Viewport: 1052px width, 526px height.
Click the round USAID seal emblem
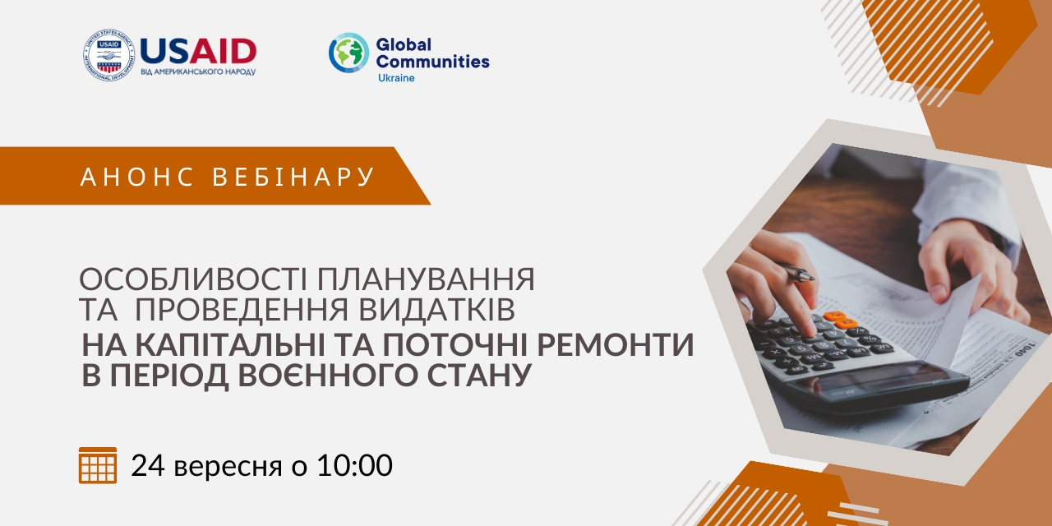click(x=109, y=54)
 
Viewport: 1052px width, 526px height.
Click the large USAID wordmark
click(x=198, y=51)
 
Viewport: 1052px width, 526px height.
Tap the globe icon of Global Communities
click(x=348, y=53)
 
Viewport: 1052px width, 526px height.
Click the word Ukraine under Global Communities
click(x=396, y=78)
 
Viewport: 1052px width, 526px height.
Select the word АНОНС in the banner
click(x=136, y=177)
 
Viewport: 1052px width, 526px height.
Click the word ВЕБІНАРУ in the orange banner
click(x=293, y=177)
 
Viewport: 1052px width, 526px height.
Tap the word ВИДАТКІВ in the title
click(x=436, y=309)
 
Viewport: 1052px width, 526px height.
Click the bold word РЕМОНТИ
click(x=616, y=344)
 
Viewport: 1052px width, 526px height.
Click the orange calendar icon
click(x=98, y=465)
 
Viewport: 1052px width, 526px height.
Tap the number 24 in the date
click(x=148, y=465)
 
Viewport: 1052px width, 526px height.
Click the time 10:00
click(x=355, y=465)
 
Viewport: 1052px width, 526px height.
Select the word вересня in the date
click(x=228, y=468)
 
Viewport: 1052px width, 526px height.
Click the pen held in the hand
click(x=796, y=272)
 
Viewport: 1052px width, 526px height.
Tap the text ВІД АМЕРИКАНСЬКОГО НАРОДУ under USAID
click(x=198, y=72)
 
